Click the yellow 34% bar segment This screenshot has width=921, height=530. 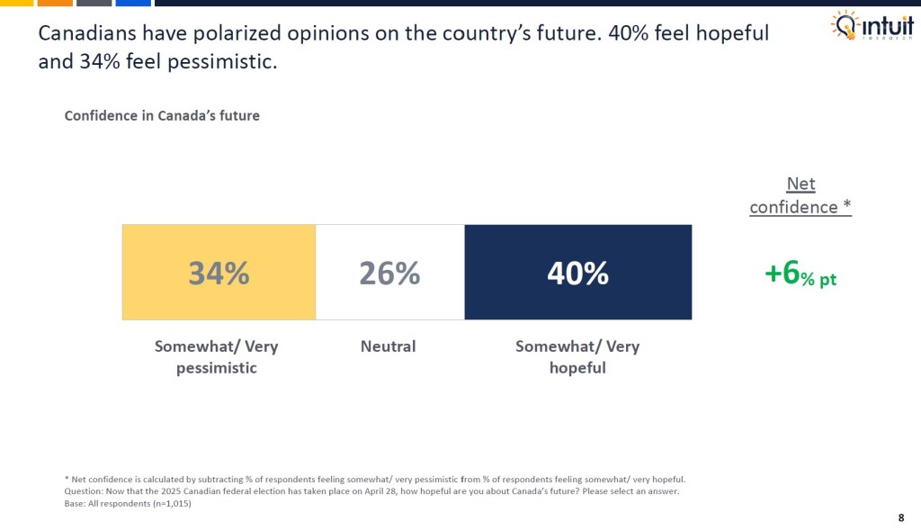pyautogui.click(x=219, y=272)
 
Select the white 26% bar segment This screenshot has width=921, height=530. pyautogui.click(x=389, y=272)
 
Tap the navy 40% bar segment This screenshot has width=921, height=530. pyautogui.click(x=577, y=272)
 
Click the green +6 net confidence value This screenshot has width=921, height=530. pyautogui.click(x=800, y=274)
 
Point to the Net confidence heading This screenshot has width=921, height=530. pyautogui.click(x=800, y=195)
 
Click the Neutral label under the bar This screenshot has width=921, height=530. pyautogui.click(x=389, y=346)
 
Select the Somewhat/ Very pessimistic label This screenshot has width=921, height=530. pyautogui.click(x=217, y=356)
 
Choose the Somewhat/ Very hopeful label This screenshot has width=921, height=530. pyautogui.click(x=577, y=356)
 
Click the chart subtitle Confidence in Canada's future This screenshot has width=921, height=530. pyautogui.click(x=162, y=116)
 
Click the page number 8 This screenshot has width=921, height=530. pyautogui.click(x=900, y=517)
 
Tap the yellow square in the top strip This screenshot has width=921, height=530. pyautogui.click(x=15, y=3)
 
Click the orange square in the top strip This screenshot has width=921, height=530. pyautogui.click(x=55, y=3)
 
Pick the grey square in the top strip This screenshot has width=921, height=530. pyautogui.click(x=94, y=3)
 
